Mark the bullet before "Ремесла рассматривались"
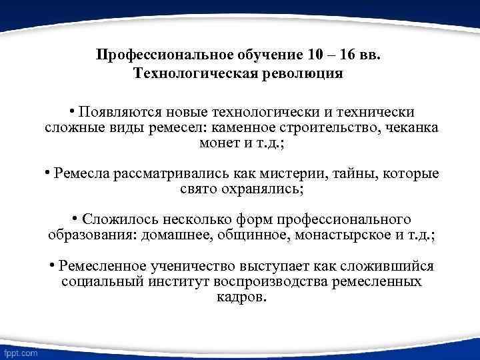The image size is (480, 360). coord(48,173)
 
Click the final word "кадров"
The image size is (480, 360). coord(241,297)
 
